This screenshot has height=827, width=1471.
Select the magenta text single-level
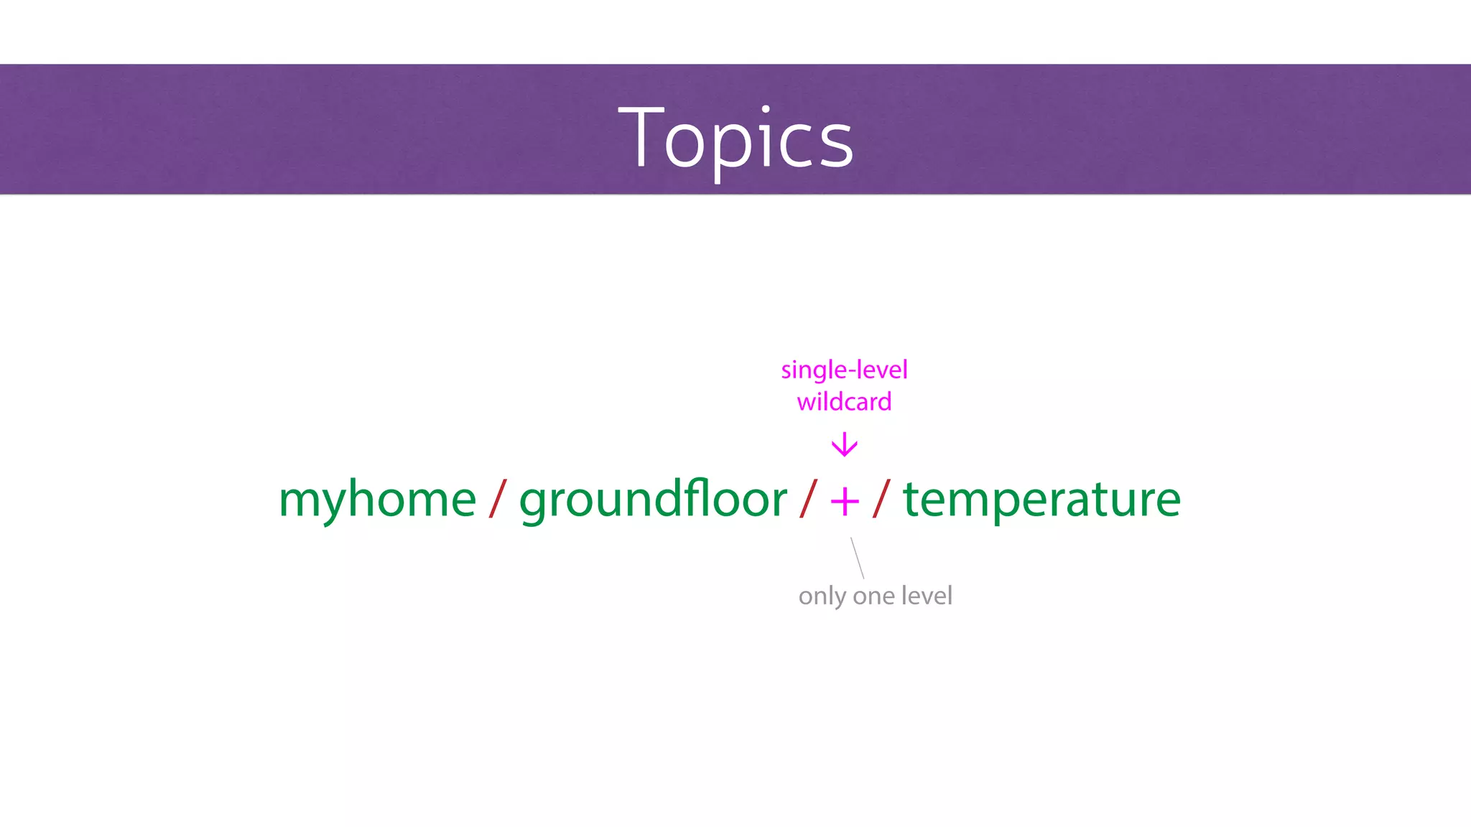(844, 370)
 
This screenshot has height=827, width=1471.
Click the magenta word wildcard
(844, 402)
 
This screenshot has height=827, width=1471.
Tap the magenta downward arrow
(845, 445)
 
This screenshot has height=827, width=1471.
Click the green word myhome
(377, 500)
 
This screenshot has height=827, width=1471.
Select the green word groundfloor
(652, 500)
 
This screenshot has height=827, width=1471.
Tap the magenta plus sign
(845, 501)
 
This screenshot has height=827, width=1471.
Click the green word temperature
(1041, 500)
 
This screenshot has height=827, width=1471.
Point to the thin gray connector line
(857, 558)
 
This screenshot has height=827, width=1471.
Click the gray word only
(822, 597)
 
